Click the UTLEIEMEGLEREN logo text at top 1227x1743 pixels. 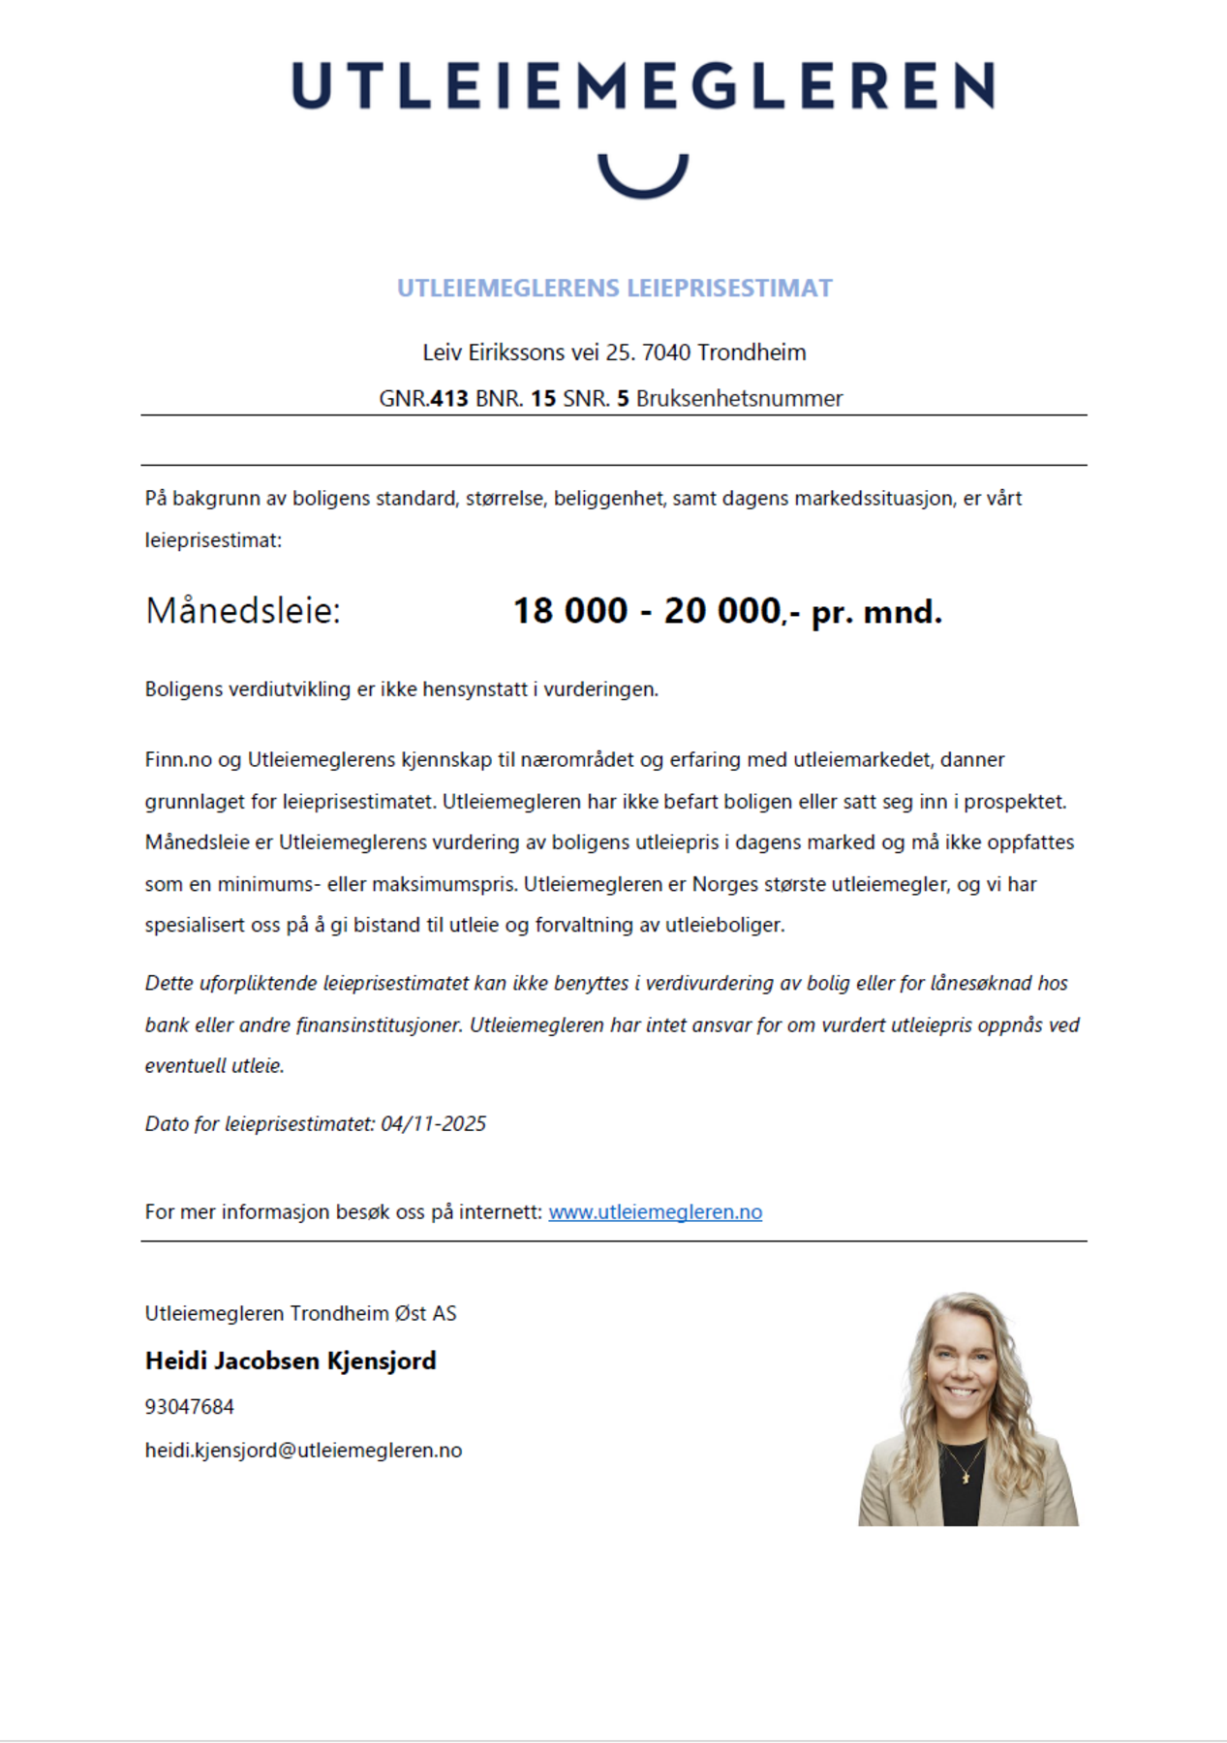[643, 85]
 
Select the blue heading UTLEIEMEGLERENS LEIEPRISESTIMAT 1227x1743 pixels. [614, 289]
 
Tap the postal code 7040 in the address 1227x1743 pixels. [666, 352]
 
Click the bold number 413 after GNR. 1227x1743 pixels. [449, 399]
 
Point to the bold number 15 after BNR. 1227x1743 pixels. [543, 399]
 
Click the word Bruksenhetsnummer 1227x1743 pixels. [739, 399]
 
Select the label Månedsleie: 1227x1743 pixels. [243, 612]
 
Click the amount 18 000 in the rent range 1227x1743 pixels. [570, 611]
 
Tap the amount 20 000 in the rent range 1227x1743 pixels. [722, 611]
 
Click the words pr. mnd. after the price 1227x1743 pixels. [876, 612]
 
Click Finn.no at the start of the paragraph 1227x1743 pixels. [178, 760]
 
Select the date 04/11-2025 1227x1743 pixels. [433, 1124]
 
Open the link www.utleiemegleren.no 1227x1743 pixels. [655, 1212]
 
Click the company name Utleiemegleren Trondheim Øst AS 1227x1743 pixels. [300, 1314]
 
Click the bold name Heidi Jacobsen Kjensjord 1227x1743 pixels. [291, 1361]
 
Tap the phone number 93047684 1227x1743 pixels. [190, 1407]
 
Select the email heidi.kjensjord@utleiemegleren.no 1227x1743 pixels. [303, 1451]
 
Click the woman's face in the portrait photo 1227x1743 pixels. [961, 1365]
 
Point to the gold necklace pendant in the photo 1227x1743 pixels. [966, 1477]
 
